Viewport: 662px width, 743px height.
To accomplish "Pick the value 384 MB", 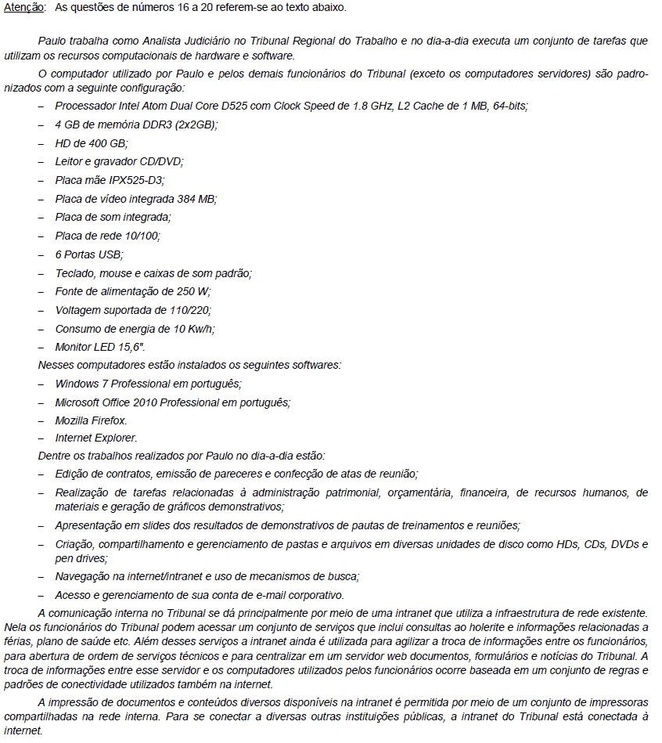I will click(196, 199).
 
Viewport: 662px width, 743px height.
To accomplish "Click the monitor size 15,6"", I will click(130, 347).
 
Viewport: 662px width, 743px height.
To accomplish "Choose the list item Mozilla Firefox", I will click(91, 420).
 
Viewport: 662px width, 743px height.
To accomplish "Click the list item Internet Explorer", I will click(95, 438).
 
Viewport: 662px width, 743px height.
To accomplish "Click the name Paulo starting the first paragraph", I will click(52, 41).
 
